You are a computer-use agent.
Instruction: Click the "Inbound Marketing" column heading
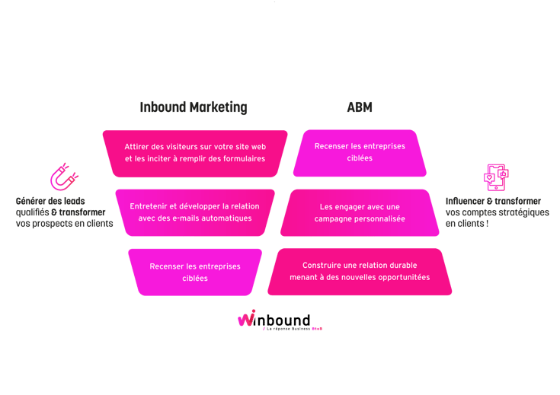tap(194, 107)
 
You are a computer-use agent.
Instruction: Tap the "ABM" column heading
tap(360, 107)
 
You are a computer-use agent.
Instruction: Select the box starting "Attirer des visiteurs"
tap(194, 153)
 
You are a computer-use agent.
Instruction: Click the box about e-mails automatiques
tap(194, 212)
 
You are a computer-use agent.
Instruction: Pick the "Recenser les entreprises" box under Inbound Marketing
tap(195, 272)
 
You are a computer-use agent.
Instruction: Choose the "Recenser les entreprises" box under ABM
tap(360, 152)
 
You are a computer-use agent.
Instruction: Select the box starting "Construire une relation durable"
tap(360, 271)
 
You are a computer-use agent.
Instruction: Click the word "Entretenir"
tap(149, 206)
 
